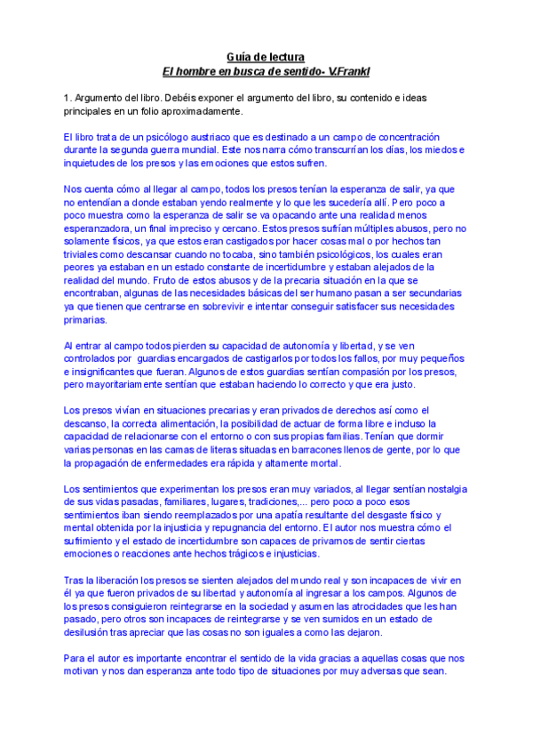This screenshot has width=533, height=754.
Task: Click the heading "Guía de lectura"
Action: (266, 57)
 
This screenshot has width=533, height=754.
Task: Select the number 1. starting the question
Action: (68, 96)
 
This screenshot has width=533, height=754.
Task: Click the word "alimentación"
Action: (180, 423)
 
